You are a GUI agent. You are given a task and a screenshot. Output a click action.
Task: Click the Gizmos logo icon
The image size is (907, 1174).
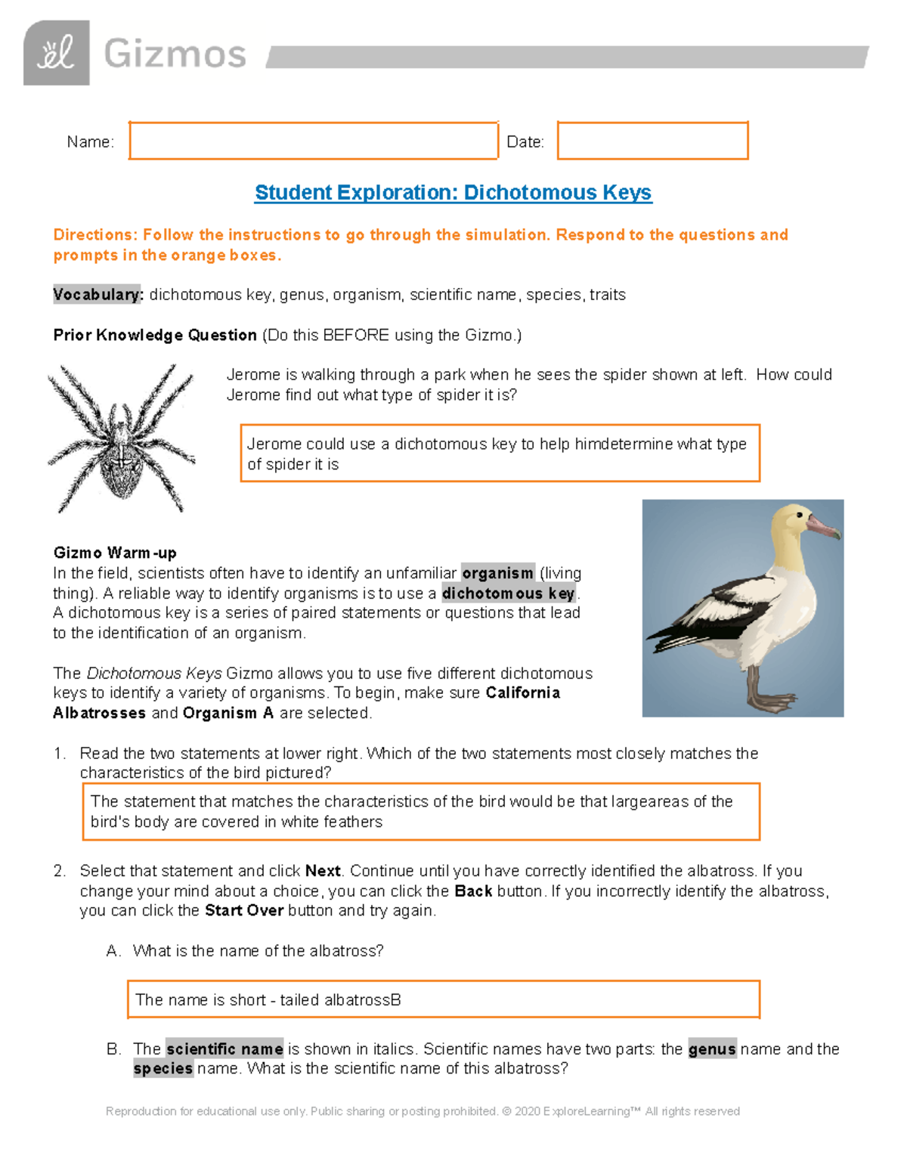(x=57, y=53)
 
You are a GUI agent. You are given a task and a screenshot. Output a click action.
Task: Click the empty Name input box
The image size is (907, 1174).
(x=313, y=141)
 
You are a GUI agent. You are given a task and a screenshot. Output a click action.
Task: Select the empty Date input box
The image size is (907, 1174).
(x=652, y=141)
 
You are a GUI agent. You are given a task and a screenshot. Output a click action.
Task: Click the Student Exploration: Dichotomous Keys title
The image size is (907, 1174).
(x=453, y=193)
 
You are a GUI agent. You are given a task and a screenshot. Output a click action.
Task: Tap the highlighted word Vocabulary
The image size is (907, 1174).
(x=98, y=295)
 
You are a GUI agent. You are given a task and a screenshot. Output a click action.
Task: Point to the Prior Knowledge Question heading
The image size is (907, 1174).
(x=155, y=335)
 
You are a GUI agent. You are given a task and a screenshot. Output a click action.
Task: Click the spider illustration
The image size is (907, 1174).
(x=121, y=438)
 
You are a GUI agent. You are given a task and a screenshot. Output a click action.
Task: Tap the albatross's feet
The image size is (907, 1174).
(x=756, y=699)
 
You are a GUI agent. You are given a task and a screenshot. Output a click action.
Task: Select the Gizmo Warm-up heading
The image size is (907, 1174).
(x=115, y=553)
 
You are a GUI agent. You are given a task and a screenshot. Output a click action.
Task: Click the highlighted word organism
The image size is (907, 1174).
(x=497, y=573)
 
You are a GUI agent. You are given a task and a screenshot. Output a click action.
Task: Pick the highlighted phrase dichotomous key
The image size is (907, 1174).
(x=508, y=593)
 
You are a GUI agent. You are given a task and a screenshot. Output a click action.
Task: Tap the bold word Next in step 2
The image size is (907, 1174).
(x=323, y=871)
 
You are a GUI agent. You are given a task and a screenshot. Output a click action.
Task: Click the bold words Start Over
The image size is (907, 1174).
(x=244, y=910)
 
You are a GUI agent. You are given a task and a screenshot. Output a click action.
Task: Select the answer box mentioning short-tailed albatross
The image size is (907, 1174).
(x=443, y=999)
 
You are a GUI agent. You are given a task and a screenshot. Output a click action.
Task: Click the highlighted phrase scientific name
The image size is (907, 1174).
(x=224, y=1049)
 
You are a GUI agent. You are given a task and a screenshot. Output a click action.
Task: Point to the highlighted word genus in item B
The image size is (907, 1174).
(x=712, y=1049)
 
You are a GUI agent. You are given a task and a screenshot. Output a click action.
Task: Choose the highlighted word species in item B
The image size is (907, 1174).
(x=163, y=1069)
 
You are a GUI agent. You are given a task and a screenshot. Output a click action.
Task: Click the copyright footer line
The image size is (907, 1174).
(x=423, y=1111)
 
